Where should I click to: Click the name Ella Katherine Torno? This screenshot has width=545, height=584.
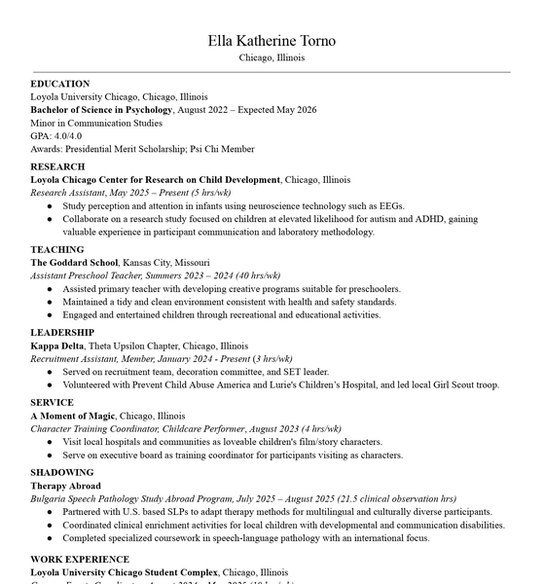272,40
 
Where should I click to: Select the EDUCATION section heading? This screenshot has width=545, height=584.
60,84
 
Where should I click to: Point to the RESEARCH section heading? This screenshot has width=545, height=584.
57,166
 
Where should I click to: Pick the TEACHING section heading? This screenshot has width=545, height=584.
57,249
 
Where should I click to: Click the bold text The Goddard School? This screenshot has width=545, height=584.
74,263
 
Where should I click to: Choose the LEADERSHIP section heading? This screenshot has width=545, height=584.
62,333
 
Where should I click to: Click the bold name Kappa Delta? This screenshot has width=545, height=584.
57,346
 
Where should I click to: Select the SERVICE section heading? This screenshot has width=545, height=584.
52,402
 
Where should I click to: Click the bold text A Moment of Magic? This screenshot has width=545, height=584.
73,416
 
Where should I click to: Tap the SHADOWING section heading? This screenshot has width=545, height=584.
62,472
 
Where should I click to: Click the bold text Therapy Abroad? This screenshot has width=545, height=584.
65,486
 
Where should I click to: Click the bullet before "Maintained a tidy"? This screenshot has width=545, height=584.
51,303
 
